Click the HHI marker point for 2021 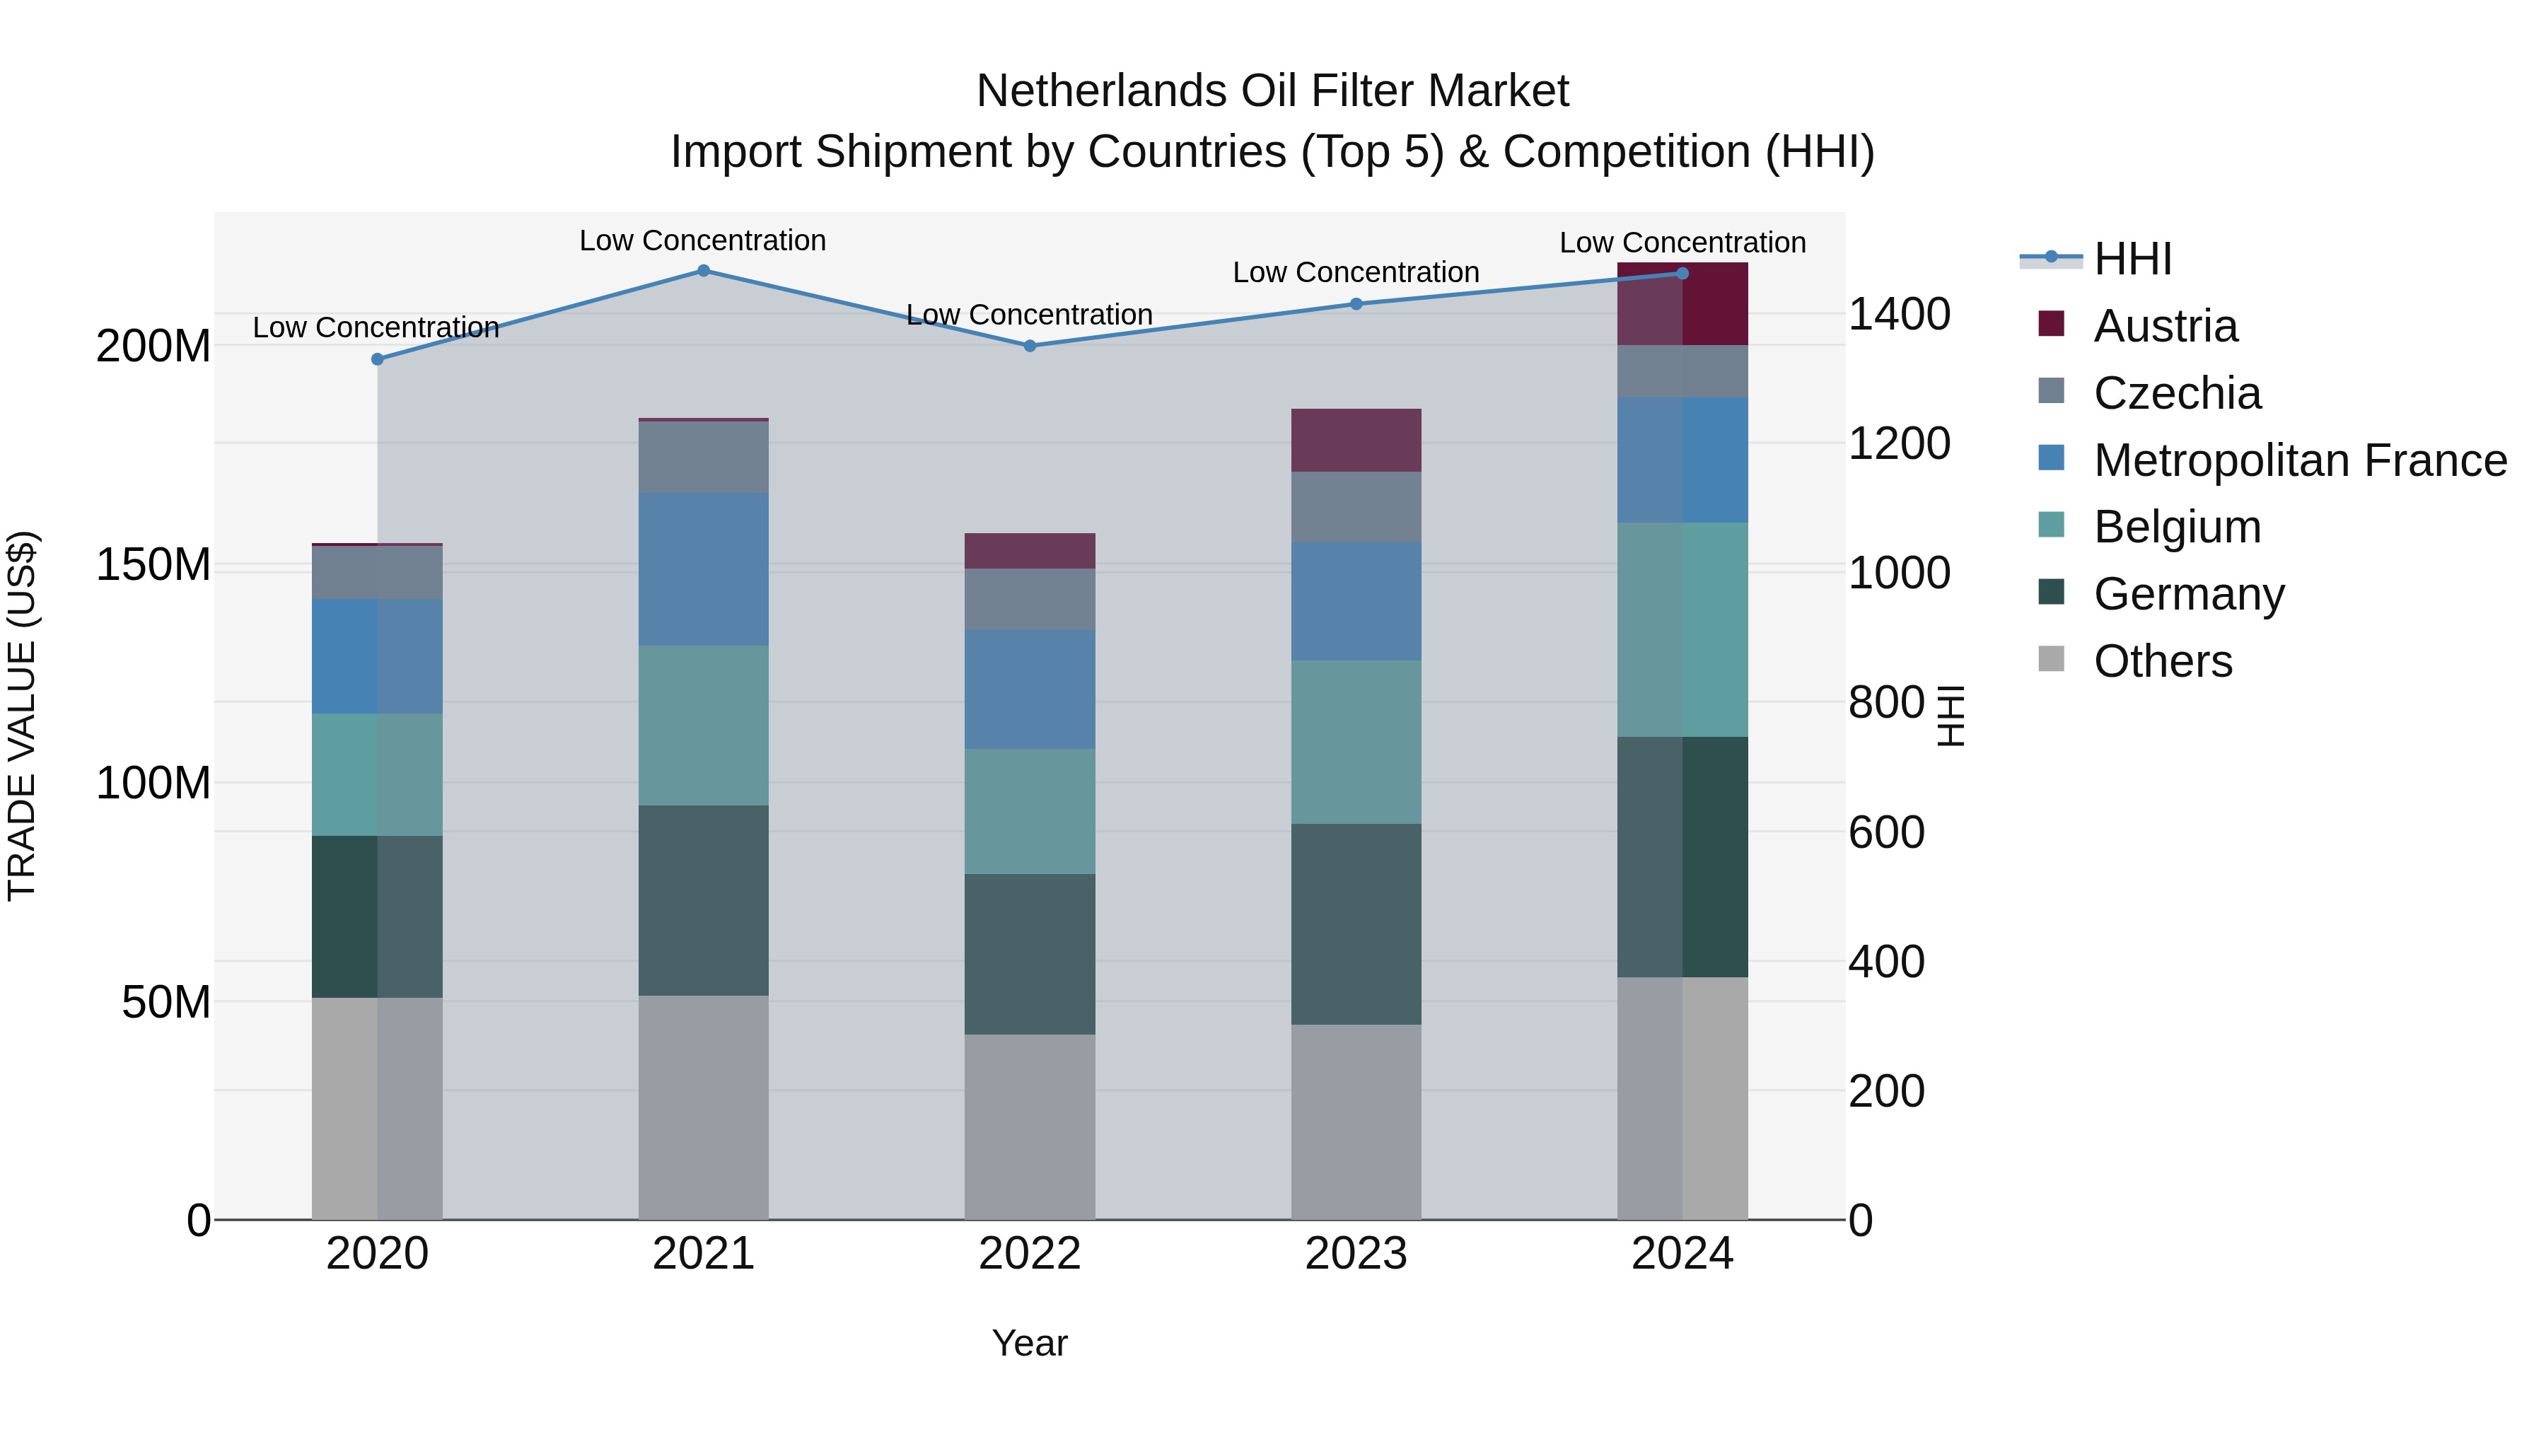pos(703,271)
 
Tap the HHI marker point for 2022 pos(1029,346)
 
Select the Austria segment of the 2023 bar pos(1355,440)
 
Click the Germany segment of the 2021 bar pos(703,900)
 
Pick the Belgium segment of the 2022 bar pos(1029,810)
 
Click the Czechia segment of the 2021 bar pos(703,457)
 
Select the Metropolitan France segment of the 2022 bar pos(1029,689)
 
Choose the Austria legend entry pos(2165,326)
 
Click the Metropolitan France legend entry pos(2299,460)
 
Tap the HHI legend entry pos(2132,259)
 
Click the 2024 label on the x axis pos(1681,1254)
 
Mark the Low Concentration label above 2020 pos(376,327)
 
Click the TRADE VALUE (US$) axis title pos(22,716)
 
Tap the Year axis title pos(1029,1343)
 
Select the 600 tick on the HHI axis pos(1885,832)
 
